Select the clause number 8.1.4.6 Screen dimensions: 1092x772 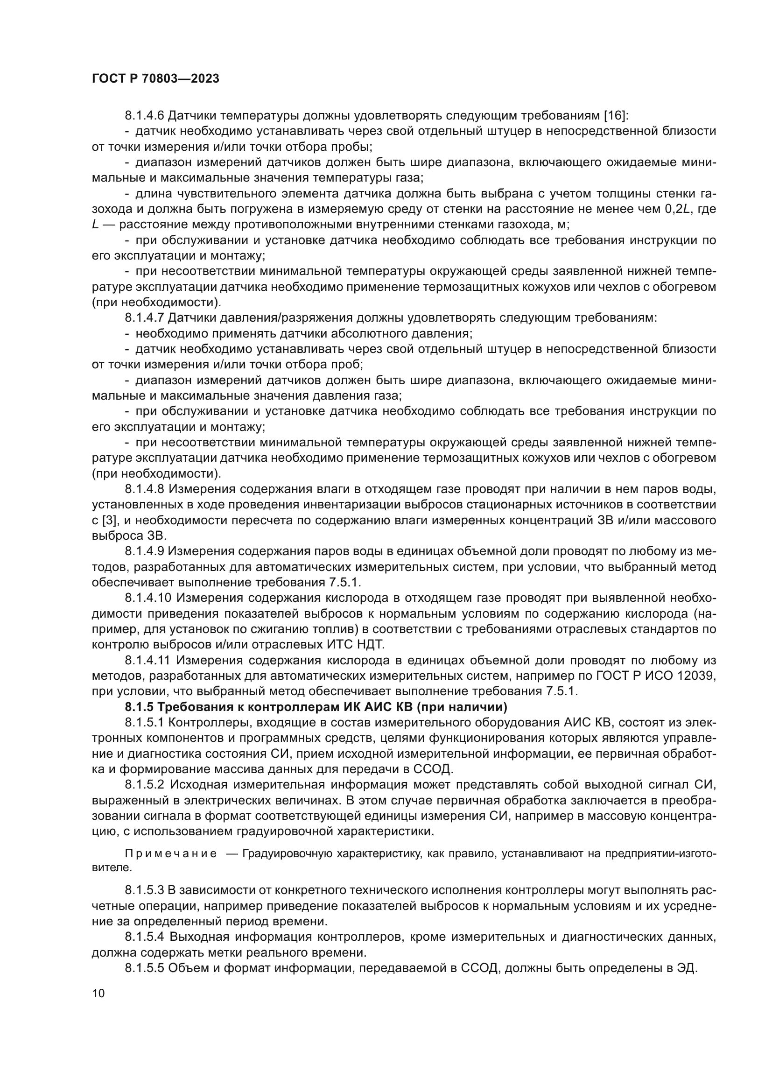144,116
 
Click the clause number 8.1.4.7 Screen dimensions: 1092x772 144,318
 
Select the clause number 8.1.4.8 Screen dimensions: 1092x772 144,489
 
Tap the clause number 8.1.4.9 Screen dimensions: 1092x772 144,552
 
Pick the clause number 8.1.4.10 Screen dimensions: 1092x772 147,599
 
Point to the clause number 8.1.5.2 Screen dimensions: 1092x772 144,785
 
